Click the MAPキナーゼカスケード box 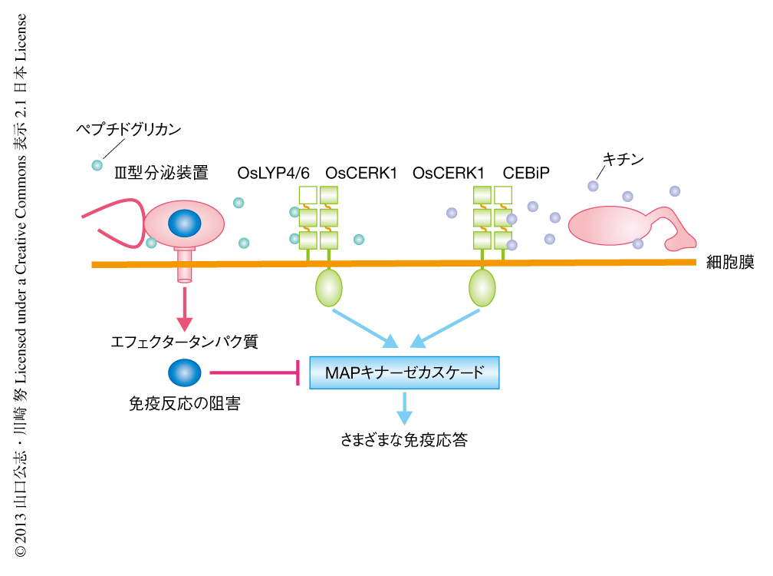tap(404, 372)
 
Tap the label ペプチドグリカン tap(128, 129)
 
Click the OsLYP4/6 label tap(273, 173)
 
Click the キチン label tap(623, 160)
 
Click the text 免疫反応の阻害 tap(185, 403)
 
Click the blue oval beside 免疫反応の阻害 tap(184, 373)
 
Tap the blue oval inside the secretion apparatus tap(184, 223)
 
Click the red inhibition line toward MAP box tap(254, 374)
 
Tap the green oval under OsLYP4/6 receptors tap(329, 287)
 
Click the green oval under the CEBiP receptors tap(482, 287)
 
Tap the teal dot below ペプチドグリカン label tap(97, 165)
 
